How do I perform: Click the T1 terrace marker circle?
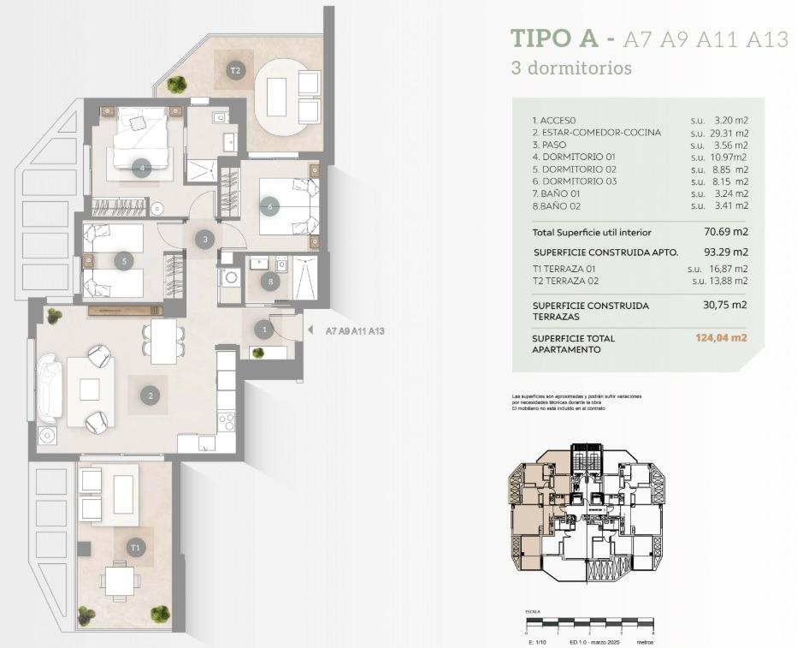135,546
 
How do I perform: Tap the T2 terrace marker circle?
235,70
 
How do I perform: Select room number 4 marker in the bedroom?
142,169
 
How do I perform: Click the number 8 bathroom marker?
270,280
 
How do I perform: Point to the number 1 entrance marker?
264,329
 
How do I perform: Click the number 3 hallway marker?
204,240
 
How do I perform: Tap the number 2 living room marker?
151,395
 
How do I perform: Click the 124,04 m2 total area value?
721,338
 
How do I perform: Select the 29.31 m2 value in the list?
730,133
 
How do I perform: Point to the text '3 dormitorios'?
570,68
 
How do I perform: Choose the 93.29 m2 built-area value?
728,252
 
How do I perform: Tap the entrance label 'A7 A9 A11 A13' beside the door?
355,330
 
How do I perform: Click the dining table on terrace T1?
118,581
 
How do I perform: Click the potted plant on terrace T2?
177,84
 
